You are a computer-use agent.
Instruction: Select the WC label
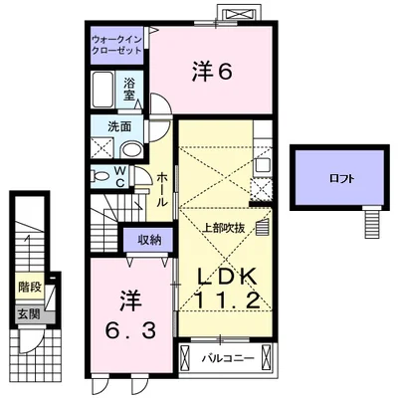(118, 176)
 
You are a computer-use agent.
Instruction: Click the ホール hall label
(162, 187)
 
